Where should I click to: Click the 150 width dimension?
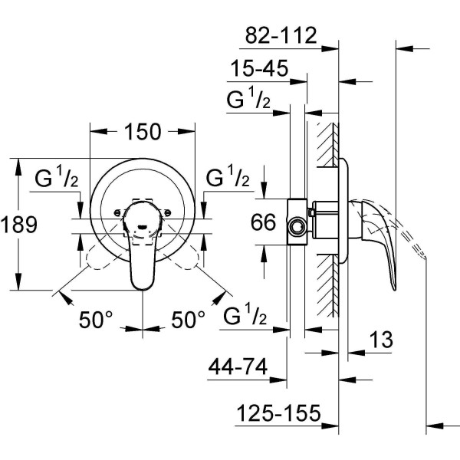[143, 132]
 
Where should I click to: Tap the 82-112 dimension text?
[281, 35]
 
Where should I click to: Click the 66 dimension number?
[263, 223]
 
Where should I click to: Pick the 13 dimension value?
[380, 338]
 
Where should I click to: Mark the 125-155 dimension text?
[277, 414]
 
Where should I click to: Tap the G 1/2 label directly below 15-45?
[248, 101]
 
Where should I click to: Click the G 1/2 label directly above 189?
[57, 179]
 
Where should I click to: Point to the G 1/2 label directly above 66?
[228, 178]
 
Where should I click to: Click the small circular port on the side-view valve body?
[296, 228]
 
